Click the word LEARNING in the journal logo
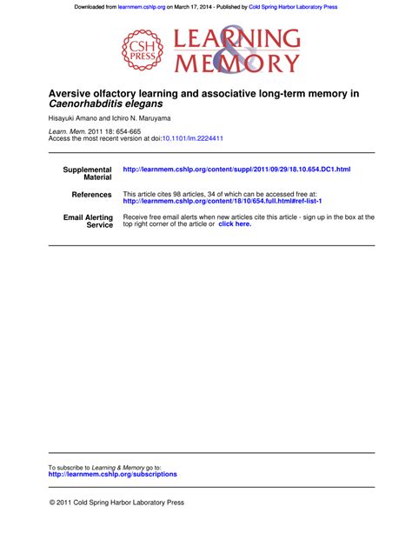(238, 39)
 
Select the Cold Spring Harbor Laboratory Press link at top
(293, 6)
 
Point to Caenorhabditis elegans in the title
(94, 103)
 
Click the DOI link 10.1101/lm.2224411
(192, 137)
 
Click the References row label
(92, 195)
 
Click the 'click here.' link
(235, 224)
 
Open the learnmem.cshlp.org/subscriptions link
(112, 474)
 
